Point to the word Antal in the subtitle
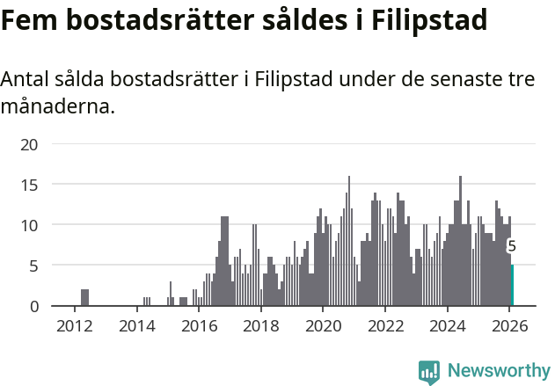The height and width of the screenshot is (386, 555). tap(26, 80)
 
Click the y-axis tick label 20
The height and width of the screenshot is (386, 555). tap(29, 144)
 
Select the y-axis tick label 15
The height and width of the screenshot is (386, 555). tap(29, 185)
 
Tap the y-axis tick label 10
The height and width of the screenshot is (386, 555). tap(29, 225)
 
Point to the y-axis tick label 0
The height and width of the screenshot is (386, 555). tap(34, 306)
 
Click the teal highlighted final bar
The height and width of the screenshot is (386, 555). tap(512, 286)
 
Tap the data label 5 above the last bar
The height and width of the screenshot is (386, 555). tap(512, 247)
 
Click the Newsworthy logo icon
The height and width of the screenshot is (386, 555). tap(429, 372)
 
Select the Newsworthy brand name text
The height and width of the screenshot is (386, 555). tap(498, 371)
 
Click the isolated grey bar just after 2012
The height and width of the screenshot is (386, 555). tap(84, 298)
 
